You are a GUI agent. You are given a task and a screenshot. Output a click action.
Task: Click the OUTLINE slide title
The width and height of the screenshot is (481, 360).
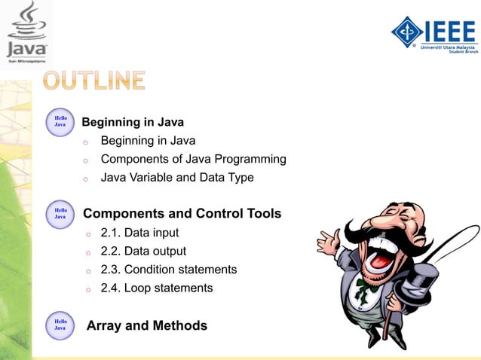(x=93, y=81)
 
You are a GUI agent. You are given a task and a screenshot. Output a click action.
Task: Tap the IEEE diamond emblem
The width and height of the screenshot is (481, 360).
(x=408, y=31)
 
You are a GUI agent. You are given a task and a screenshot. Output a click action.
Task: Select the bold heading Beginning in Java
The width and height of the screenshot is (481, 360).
(x=133, y=122)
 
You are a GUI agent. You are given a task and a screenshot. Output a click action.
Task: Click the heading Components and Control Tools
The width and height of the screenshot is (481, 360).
(x=182, y=214)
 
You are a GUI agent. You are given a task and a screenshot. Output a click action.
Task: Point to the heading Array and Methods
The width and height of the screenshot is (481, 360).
(x=147, y=325)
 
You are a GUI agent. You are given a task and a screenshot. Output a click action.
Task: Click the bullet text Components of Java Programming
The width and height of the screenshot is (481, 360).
(x=193, y=160)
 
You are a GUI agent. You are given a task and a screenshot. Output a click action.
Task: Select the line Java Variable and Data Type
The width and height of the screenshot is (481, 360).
(x=177, y=178)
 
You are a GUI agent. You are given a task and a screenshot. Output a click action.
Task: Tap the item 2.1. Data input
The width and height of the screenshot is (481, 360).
(x=139, y=233)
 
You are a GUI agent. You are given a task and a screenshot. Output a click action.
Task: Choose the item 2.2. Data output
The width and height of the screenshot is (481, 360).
(x=143, y=251)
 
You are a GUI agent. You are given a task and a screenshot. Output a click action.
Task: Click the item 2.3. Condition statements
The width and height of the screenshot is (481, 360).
(x=168, y=270)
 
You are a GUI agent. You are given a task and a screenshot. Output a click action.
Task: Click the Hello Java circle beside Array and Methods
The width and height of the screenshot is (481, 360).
(x=60, y=325)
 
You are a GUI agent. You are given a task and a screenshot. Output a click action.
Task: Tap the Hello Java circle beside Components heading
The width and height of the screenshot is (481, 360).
(x=60, y=213)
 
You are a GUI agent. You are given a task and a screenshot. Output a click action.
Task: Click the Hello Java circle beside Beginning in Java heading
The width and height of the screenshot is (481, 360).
(x=60, y=121)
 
